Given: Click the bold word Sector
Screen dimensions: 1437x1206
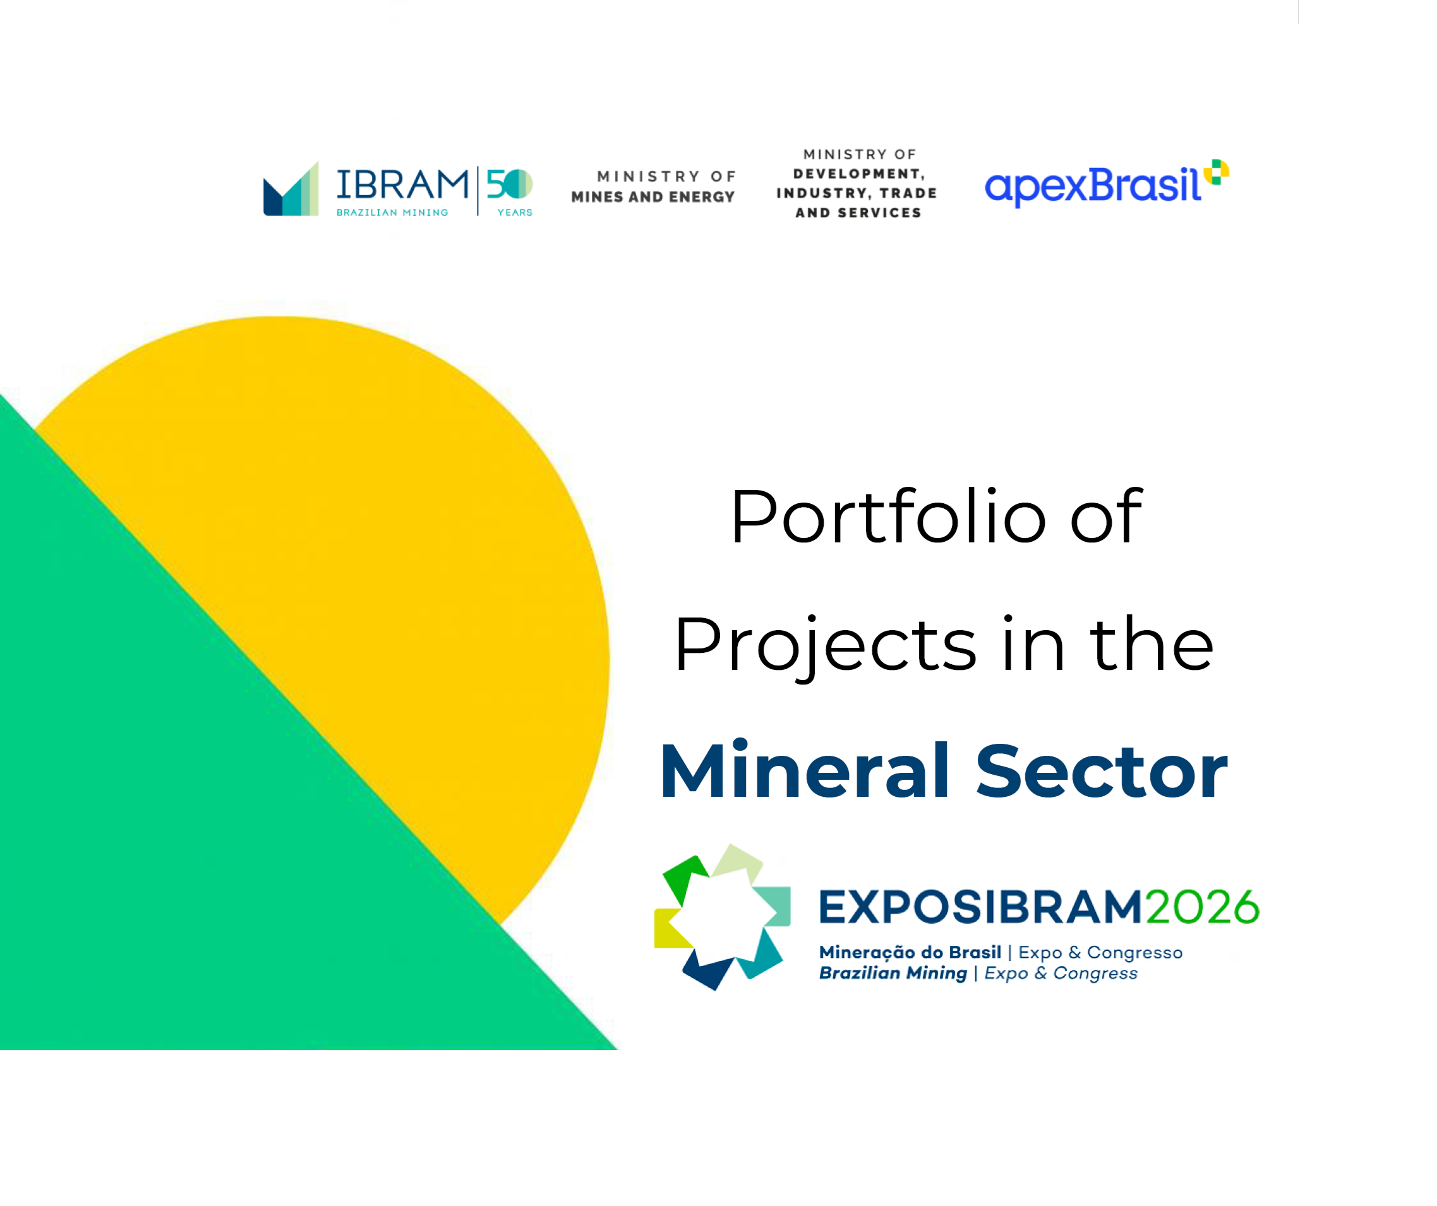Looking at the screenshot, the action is (1101, 771).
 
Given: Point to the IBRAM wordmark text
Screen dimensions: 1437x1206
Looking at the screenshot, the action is (402, 185).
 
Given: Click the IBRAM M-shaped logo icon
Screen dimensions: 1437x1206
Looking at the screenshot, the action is (291, 189).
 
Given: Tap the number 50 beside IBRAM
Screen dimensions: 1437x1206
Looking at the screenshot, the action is (509, 183).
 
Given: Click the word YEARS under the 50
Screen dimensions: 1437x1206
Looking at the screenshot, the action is (515, 213).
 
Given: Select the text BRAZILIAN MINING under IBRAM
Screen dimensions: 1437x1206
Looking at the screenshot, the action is (392, 213).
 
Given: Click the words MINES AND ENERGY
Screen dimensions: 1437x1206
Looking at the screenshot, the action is (653, 197).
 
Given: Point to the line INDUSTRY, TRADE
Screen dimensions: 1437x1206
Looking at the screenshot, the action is (857, 194).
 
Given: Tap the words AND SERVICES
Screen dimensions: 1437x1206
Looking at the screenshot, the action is (858, 213).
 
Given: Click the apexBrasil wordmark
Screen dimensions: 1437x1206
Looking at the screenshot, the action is (1092, 186).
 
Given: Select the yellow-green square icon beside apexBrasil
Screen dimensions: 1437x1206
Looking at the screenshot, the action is (1216, 172).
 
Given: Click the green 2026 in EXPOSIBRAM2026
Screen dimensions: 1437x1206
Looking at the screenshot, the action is (1201, 907).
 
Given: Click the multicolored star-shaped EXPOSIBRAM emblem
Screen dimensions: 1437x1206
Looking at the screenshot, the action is (723, 917).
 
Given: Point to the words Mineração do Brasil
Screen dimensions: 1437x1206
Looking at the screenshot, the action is (910, 952).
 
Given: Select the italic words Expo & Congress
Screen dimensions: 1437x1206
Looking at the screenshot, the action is (1061, 974).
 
